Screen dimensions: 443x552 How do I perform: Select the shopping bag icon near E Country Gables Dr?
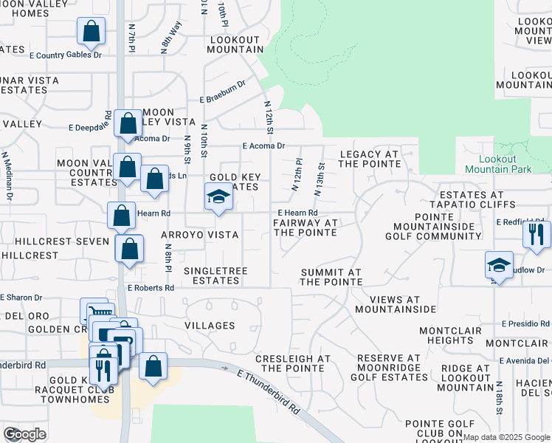coord(91,32)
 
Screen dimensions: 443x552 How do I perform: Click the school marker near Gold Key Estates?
coord(218,197)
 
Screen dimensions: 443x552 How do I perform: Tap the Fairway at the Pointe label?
coord(305,227)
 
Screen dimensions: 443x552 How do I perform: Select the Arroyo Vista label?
coord(199,235)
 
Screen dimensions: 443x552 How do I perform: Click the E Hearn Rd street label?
coord(297,213)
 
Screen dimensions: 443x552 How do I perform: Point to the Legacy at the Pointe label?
coord(369,159)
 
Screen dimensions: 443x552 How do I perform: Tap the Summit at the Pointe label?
coord(331,277)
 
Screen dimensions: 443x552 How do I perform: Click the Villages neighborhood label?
coord(210,326)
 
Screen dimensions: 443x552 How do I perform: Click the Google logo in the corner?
coord(24,434)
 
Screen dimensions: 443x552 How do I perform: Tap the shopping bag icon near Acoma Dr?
coord(128,124)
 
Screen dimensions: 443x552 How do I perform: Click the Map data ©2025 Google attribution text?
coord(507,437)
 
